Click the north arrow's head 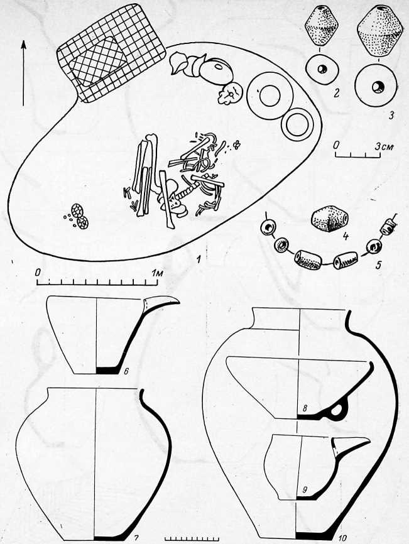[x=24, y=45]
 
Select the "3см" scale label [x=384, y=146]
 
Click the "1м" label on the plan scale [x=157, y=273]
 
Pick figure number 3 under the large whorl [x=391, y=115]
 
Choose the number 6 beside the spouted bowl [x=126, y=372]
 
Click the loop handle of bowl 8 [x=335, y=411]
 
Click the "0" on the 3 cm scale [x=335, y=146]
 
